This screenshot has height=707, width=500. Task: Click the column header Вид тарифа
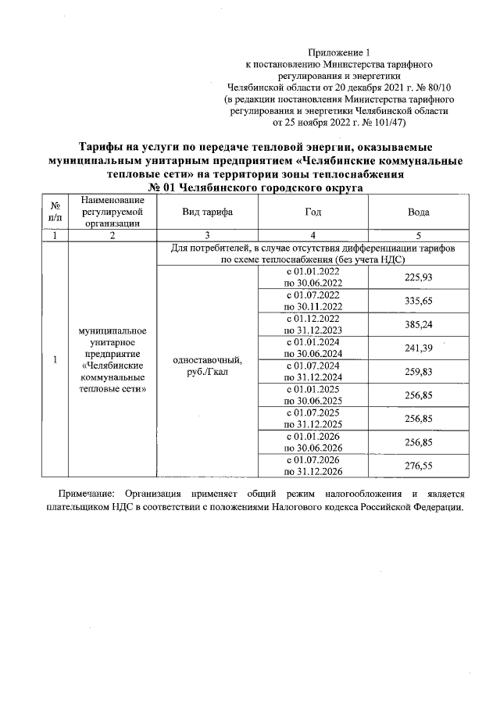click(x=207, y=212)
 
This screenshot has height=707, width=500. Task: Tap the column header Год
click(x=312, y=212)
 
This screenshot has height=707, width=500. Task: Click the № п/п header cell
click(x=55, y=212)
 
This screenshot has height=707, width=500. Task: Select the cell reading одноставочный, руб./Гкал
click(x=207, y=366)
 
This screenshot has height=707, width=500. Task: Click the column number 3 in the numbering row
click(x=207, y=235)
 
